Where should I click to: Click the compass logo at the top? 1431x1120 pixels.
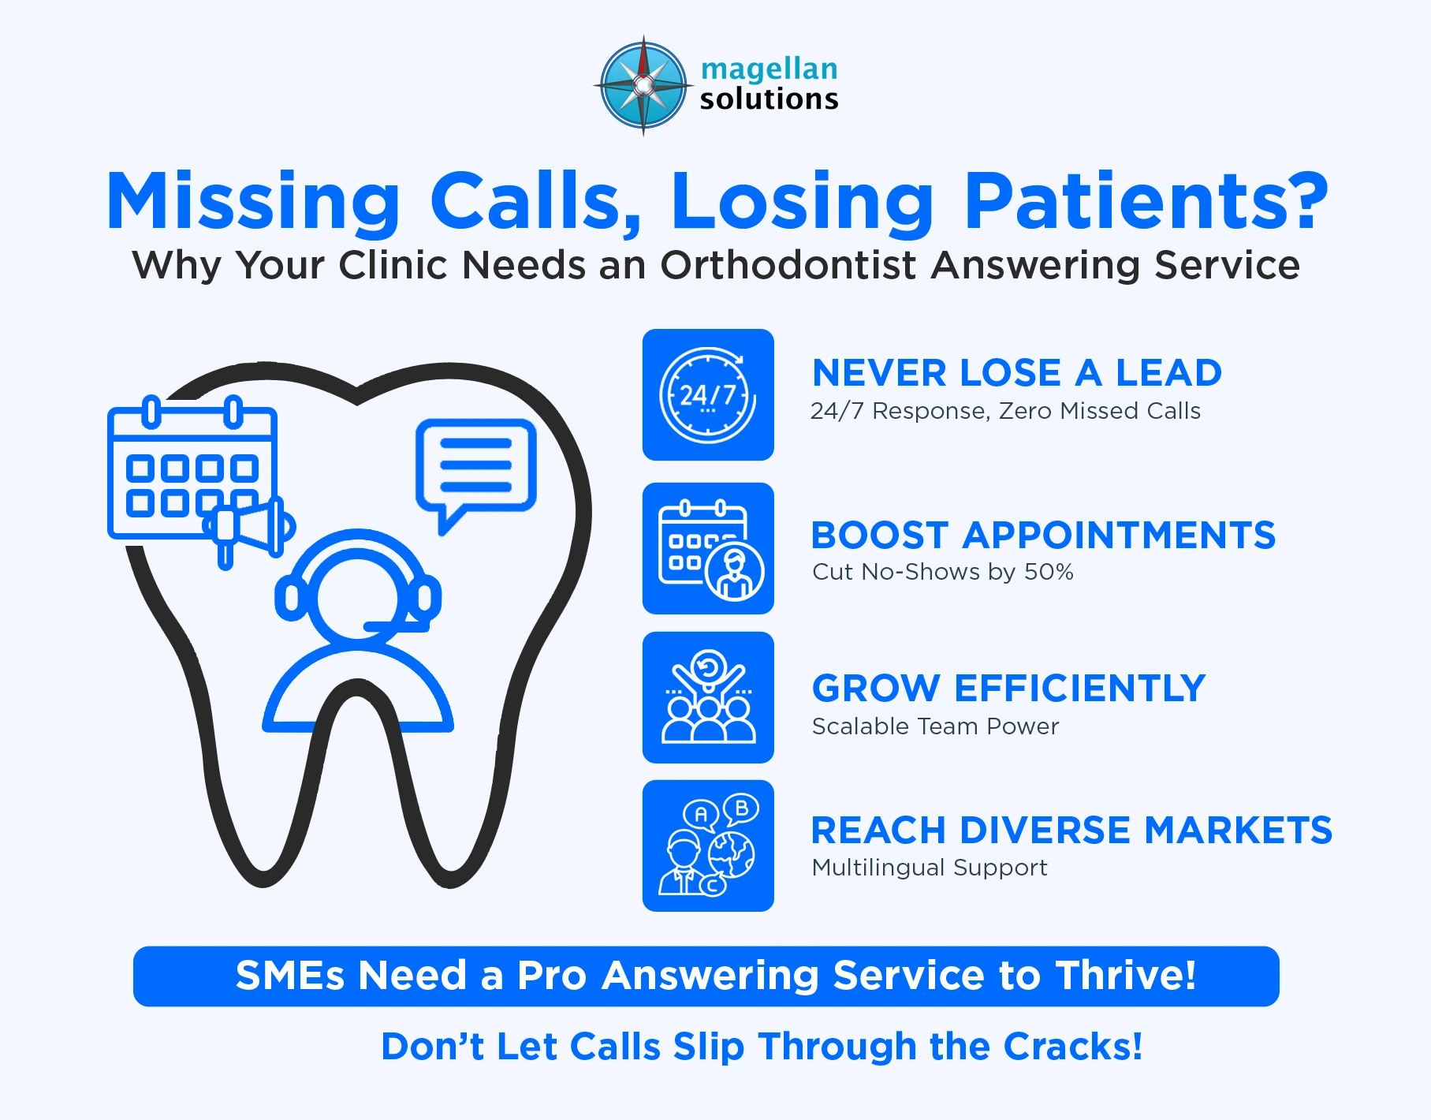click(643, 85)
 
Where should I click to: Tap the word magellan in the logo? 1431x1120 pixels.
click(769, 69)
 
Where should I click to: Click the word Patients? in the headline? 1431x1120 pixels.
click(1146, 202)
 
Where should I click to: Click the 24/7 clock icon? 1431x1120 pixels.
click(708, 394)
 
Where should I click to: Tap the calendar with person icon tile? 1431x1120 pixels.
click(708, 549)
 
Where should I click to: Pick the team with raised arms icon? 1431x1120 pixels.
click(708, 697)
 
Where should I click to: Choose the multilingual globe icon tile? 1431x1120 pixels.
click(708, 846)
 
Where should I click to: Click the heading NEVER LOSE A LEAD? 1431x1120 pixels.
click(1016, 373)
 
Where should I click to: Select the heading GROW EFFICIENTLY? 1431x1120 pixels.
click(1008, 689)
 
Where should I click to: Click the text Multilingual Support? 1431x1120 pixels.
click(930, 868)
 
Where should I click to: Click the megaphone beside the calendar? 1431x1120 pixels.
click(251, 527)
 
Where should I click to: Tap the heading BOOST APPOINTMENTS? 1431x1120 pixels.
click(1042, 536)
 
